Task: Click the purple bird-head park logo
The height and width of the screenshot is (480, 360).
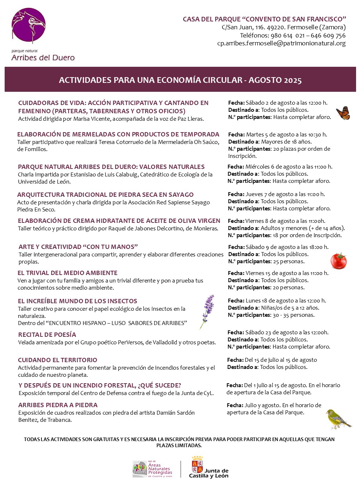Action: point(29,26)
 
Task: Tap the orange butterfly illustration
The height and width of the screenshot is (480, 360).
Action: point(343,113)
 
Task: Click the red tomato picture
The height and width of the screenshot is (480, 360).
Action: point(338,261)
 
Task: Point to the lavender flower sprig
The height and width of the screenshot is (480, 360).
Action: point(207,310)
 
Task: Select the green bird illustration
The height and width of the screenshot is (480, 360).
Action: point(337,419)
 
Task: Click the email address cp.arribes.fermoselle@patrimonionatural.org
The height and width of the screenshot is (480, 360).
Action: point(281,44)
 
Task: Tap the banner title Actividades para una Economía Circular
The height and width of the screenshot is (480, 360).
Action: point(180,80)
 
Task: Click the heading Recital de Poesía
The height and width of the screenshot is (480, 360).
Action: point(47,335)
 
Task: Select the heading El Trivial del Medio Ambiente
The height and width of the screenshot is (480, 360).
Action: point(67,273)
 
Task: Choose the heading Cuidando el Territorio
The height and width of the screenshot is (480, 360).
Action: point(57,360)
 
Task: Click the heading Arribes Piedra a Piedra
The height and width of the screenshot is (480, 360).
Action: point(58,405)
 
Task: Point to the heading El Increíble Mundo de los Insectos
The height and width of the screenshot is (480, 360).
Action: point(77,301)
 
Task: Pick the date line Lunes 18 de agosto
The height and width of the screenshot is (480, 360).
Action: point(277,301)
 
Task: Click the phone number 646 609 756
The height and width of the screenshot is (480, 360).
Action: point(328,35)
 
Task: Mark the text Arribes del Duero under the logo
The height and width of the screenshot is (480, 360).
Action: point(43,58)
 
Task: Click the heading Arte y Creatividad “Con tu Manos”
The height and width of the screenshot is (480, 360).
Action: point(78,247)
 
